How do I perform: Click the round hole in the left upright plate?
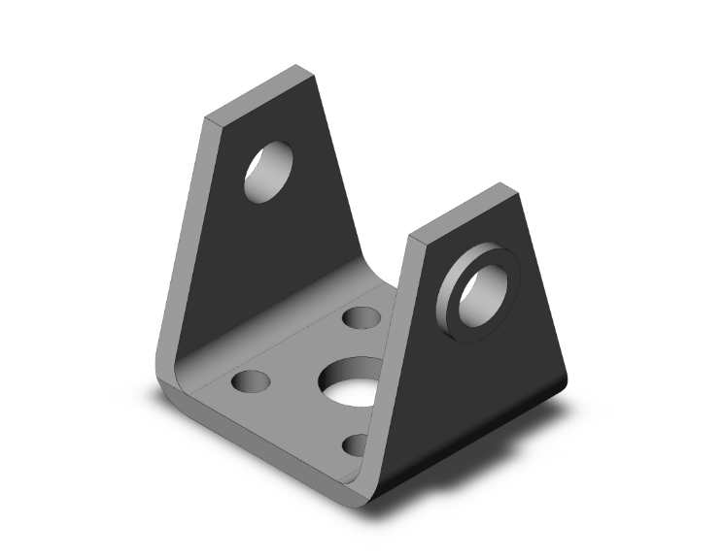pyautogui.click(x=269, y=172)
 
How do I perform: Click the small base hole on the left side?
pyautogui.click(x=250, y=381)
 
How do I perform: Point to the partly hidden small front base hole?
pyautogui.click(x=357, y=444)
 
